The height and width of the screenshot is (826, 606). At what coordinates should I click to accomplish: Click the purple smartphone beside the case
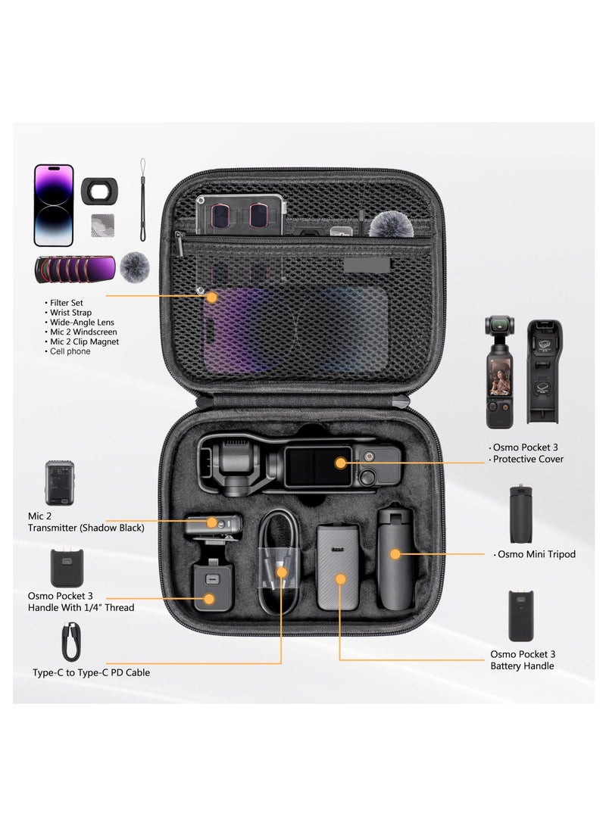click(54, 205)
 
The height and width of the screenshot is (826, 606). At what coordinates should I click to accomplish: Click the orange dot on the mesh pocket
click(211, 298)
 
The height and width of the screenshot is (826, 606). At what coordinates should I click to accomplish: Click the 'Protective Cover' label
click(527, 460)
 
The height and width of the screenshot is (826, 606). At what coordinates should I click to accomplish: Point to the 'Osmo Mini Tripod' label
click(536, 554)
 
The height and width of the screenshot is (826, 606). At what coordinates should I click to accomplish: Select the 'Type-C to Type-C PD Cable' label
click(91, 672)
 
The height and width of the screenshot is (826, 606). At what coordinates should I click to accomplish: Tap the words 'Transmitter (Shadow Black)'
click(86, 528)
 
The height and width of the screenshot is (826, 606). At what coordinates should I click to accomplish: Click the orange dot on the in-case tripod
click(395, 554)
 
